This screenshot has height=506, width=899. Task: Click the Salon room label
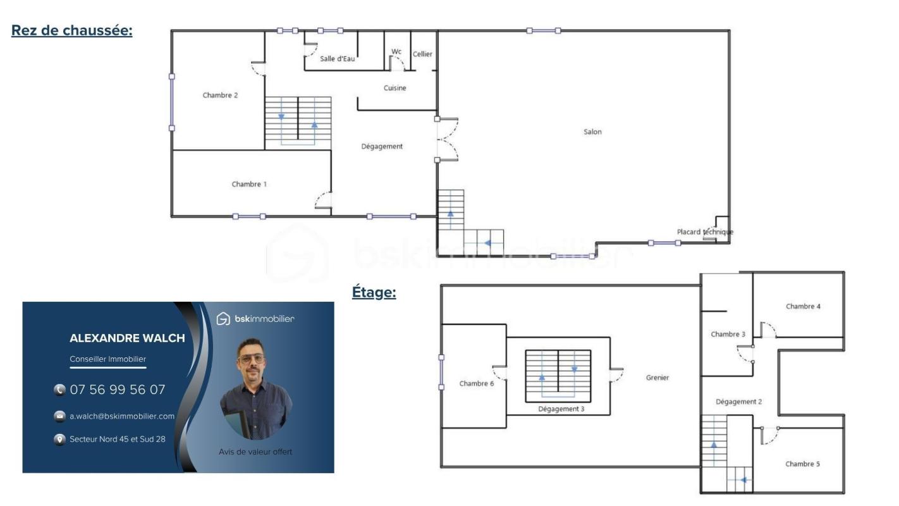(x=592, y=132)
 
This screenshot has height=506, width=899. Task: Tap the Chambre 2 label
(x=220, y=95)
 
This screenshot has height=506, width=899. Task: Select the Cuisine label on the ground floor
(x=395, y=88)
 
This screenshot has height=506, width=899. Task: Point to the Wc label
(x=396, y=51)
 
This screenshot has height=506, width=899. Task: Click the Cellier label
(x=422, y=54)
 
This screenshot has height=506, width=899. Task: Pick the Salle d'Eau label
(x=338, y=59)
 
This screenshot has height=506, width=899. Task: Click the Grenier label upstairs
(x=657, y=378)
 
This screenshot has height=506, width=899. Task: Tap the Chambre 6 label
(x=477, y=383)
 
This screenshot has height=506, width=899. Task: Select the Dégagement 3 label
(x=561, y=409)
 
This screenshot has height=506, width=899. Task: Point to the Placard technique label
(x=705, y=231)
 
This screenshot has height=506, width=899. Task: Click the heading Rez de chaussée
(x=72, y=30)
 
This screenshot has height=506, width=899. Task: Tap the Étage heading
(x=374, y=292)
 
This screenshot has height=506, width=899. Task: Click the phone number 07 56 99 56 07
(x=117, y=390)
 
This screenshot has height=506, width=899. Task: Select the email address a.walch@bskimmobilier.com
(x=122, y=416)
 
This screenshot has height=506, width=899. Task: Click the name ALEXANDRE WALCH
(x=127, y=338)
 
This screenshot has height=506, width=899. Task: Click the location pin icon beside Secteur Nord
(x=59, y=440)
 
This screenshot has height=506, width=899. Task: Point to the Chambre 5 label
(x=802, y=464)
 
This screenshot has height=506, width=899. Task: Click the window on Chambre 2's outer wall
(x=172, y=102)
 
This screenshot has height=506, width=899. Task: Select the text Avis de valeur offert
(x=255, y=452)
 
